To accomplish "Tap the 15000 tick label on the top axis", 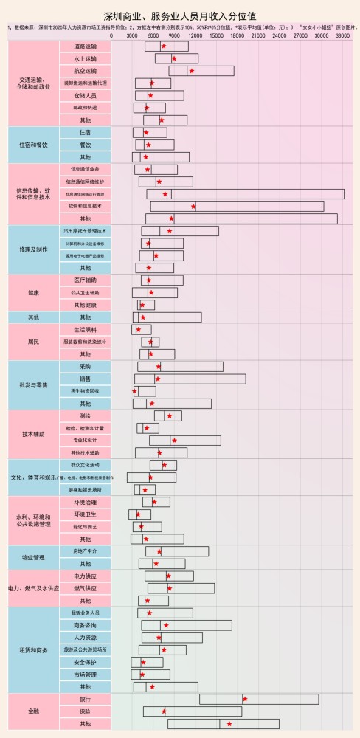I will click(217, 35).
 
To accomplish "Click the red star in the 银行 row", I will click(245, 699).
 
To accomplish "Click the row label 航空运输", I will click(85, 71).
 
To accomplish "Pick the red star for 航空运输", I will click(192, 71).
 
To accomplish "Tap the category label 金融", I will click(33, 711).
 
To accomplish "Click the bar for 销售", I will click(190, 379).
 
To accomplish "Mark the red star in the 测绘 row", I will click(170, 415).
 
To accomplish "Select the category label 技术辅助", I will click(33, 434).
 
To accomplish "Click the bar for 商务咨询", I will click(187, 625).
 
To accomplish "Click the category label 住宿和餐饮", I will click(33, 145).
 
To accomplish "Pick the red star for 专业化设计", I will click(174, 441).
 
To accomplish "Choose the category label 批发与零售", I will click(33, 385).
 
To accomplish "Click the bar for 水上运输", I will click(176, 58).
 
